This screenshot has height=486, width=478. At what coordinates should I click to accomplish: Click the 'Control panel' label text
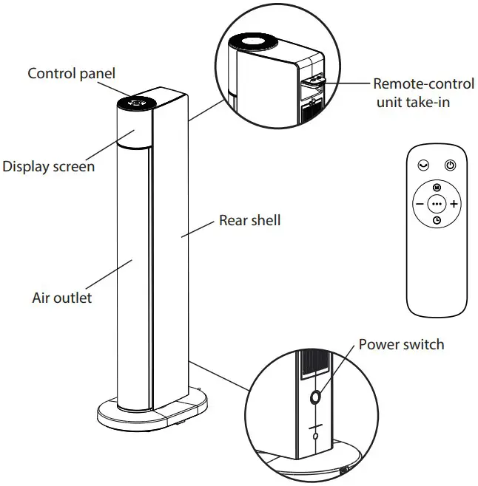click(71, 73)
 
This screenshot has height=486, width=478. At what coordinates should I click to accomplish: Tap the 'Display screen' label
click(48, 166)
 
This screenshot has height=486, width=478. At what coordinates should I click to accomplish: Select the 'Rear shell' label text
click(249, 220)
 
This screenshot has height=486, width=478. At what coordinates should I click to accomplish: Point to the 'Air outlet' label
click(62, 298)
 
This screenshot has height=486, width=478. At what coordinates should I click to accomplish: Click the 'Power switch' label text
click(401, 344)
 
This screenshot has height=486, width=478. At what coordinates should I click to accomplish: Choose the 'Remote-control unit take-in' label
click(411, 92)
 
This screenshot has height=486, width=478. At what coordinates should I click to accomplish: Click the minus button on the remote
click(420, 203)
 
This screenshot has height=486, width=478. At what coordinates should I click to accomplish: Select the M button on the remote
click(437, 188)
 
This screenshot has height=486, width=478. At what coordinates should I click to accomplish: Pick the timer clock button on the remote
click(437, 219)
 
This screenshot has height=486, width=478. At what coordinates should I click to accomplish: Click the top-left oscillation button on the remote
click(423, 166)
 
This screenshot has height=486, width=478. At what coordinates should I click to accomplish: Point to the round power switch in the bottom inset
click(316, 397)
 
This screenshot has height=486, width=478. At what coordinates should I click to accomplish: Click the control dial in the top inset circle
click(250, 42)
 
